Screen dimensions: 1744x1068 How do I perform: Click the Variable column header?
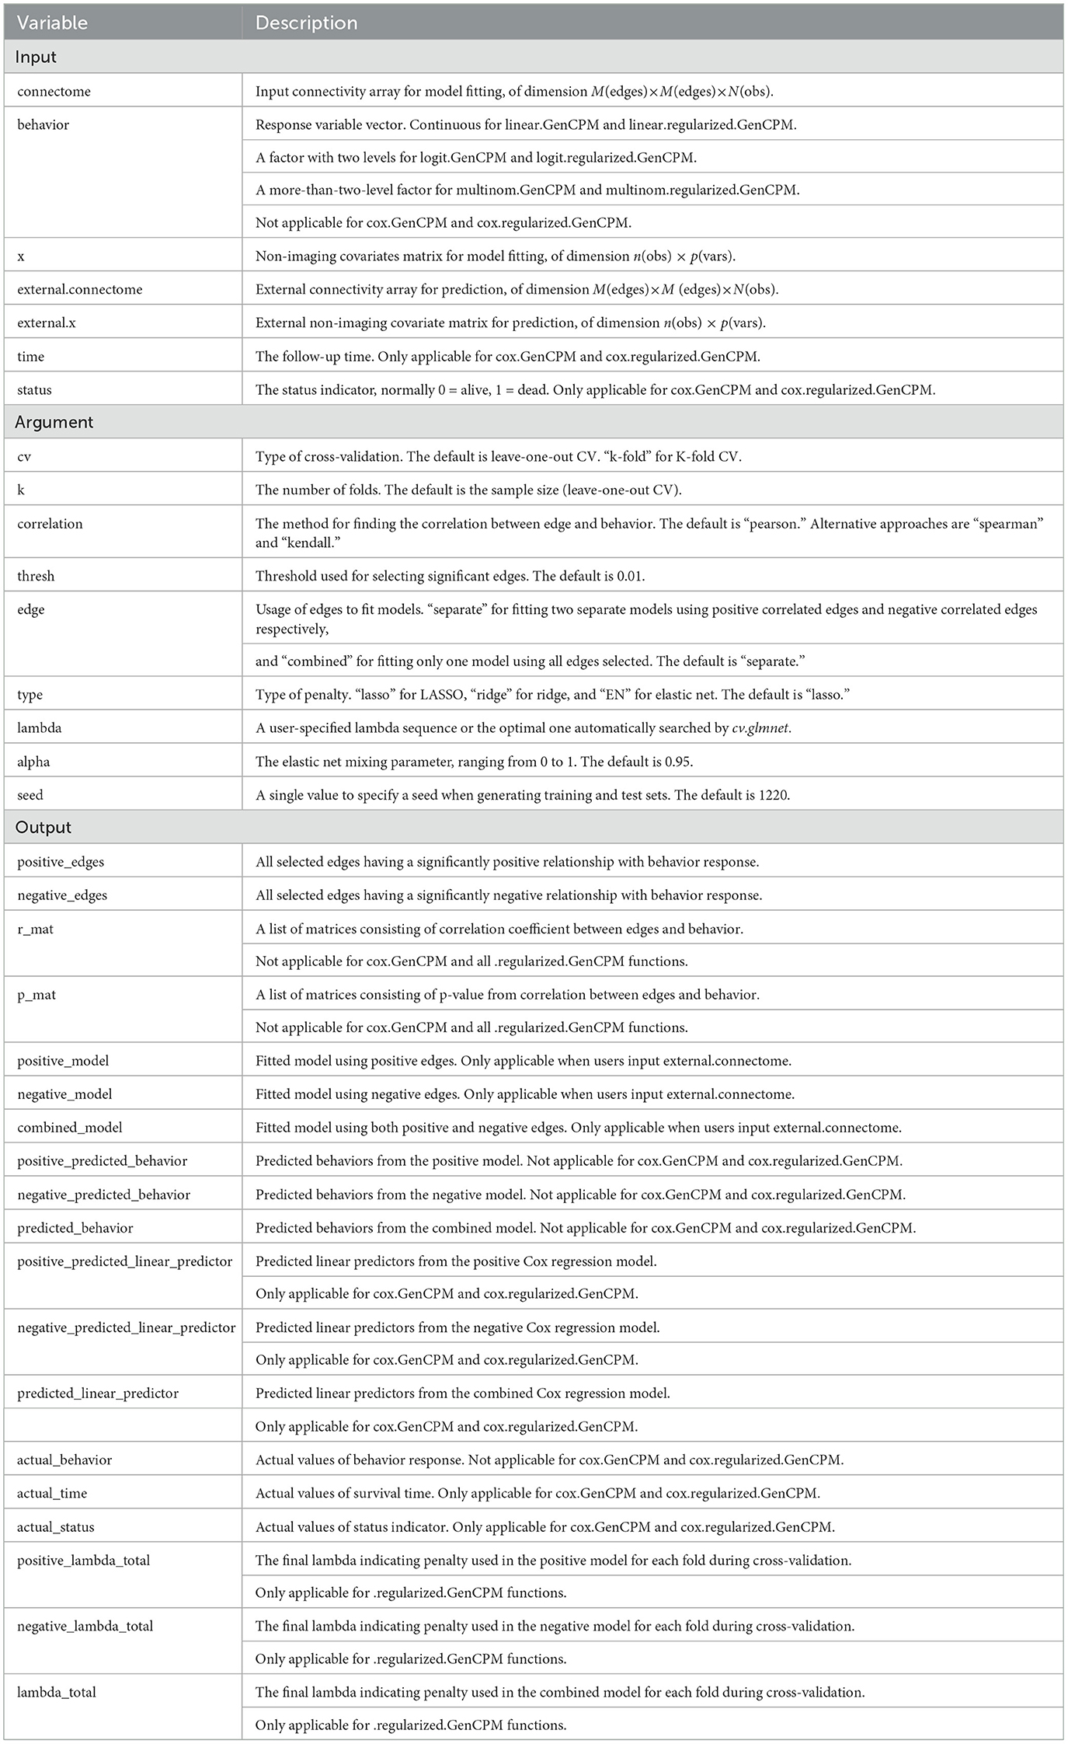click(52, 23)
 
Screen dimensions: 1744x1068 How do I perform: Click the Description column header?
click(306, 23)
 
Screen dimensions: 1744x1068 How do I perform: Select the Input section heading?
click(36, 58)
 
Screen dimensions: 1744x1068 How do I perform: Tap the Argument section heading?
click(54, 422)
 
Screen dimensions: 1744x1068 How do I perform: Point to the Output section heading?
click(43, 827)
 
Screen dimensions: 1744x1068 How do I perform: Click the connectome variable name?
click(54, 91)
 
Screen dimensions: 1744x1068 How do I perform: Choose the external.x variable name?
click(47, 323)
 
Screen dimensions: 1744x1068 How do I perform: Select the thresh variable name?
click(36, 576)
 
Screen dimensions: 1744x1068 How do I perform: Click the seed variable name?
click(30, 795)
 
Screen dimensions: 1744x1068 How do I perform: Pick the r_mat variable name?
click(35, 929)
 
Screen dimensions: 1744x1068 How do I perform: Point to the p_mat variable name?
click(37, 995)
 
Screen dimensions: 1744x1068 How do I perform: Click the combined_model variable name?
click(70, 1128)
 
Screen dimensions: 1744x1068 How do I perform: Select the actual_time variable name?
click(52, 1493)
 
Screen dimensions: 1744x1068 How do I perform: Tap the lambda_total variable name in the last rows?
click(57, 1692)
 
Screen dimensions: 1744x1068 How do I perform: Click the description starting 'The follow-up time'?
click(507, 357)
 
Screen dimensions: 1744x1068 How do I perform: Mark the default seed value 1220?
click(774, 795)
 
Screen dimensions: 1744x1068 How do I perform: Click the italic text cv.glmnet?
click(760, 728)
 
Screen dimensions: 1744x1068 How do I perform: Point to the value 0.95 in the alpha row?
click(677, 762)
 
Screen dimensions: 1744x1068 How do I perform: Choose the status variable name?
click(34, 390)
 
